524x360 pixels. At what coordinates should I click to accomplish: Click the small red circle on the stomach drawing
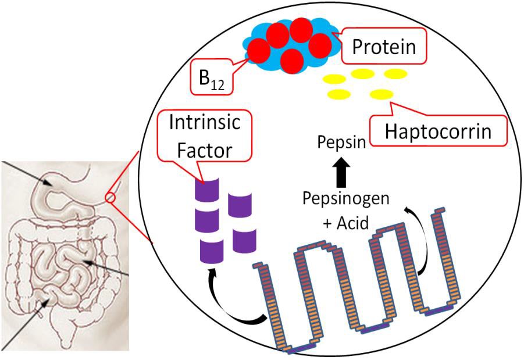(110, 198)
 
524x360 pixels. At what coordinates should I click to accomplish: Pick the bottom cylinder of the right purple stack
(243, 240)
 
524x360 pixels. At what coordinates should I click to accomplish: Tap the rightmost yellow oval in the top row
(395, 73)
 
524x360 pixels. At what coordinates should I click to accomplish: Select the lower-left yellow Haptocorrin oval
(338, 94)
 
